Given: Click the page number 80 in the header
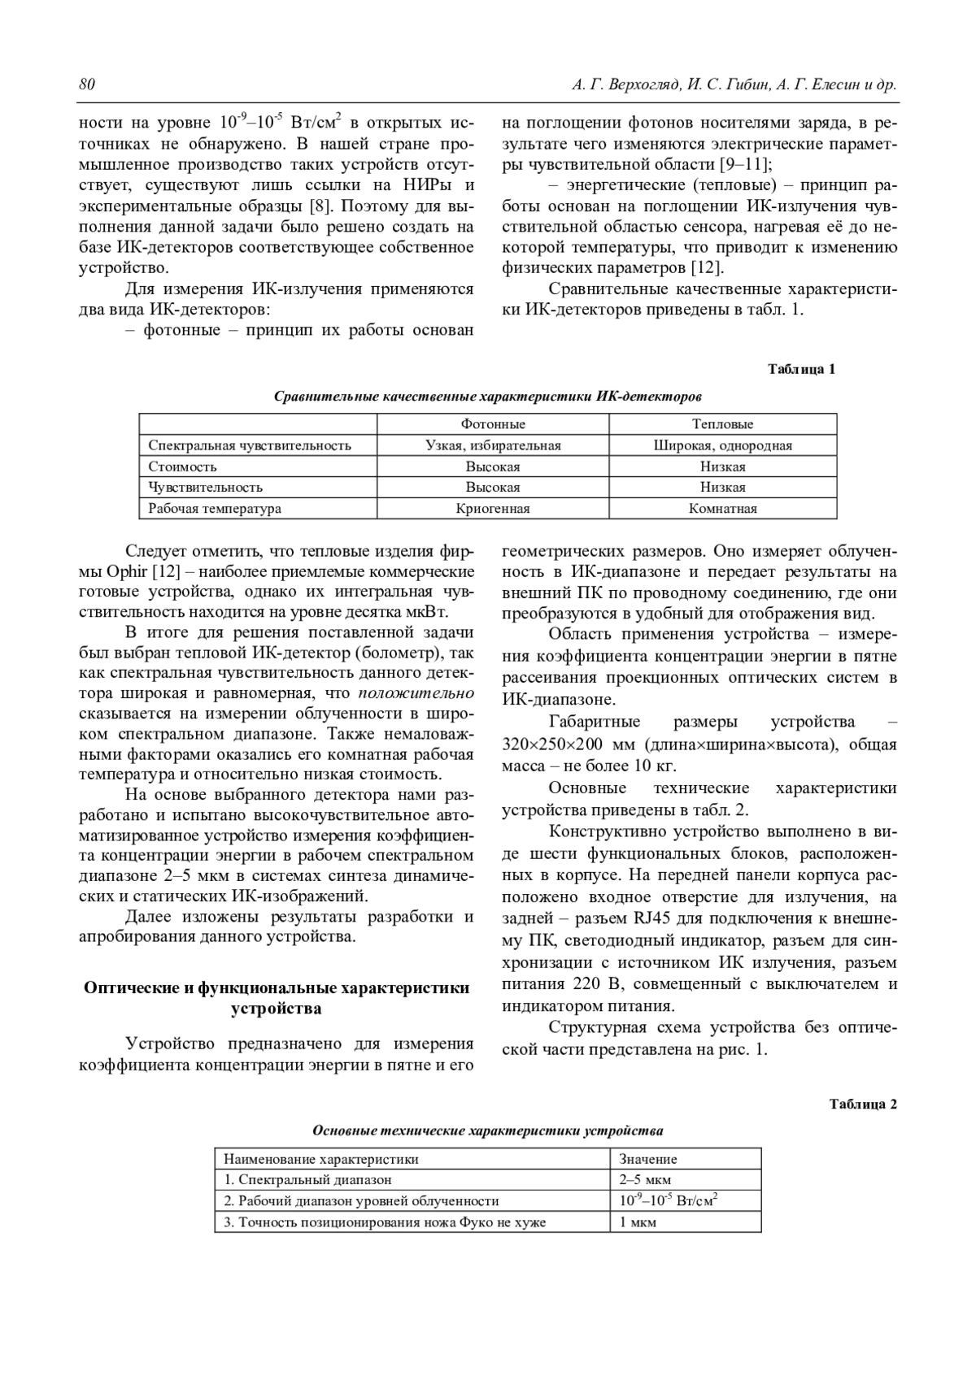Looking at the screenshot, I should pyautogui.click(x=87, y=85).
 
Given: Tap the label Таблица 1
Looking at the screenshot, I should pyautogui.click(x=802, y=370).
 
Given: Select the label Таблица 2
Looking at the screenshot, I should pyautogui.click(x=863, y=1104).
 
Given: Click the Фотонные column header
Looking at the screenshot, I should pyautogui.click(x=493, y=424).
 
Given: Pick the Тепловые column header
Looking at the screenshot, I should pyautogui.click(x=722, y=424).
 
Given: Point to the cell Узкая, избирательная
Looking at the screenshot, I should pyautogui.click(x=493, y=445).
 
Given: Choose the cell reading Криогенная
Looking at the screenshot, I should pyautogui.click(x=493, y=509).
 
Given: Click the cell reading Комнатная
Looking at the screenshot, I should pyautogui.click(x=722, y=509).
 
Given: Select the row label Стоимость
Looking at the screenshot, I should pyautogui.click(x=183, y=467).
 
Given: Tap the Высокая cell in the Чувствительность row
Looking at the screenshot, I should pyautogui.click(x=493, y=488).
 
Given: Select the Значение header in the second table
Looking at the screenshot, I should pyautogui.click(x=648, y=1159).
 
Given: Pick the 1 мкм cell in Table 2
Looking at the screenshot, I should pyautogui.click(x=638, y=1222).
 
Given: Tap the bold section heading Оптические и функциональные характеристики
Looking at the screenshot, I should pyautogui.click(x=277, y=988).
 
